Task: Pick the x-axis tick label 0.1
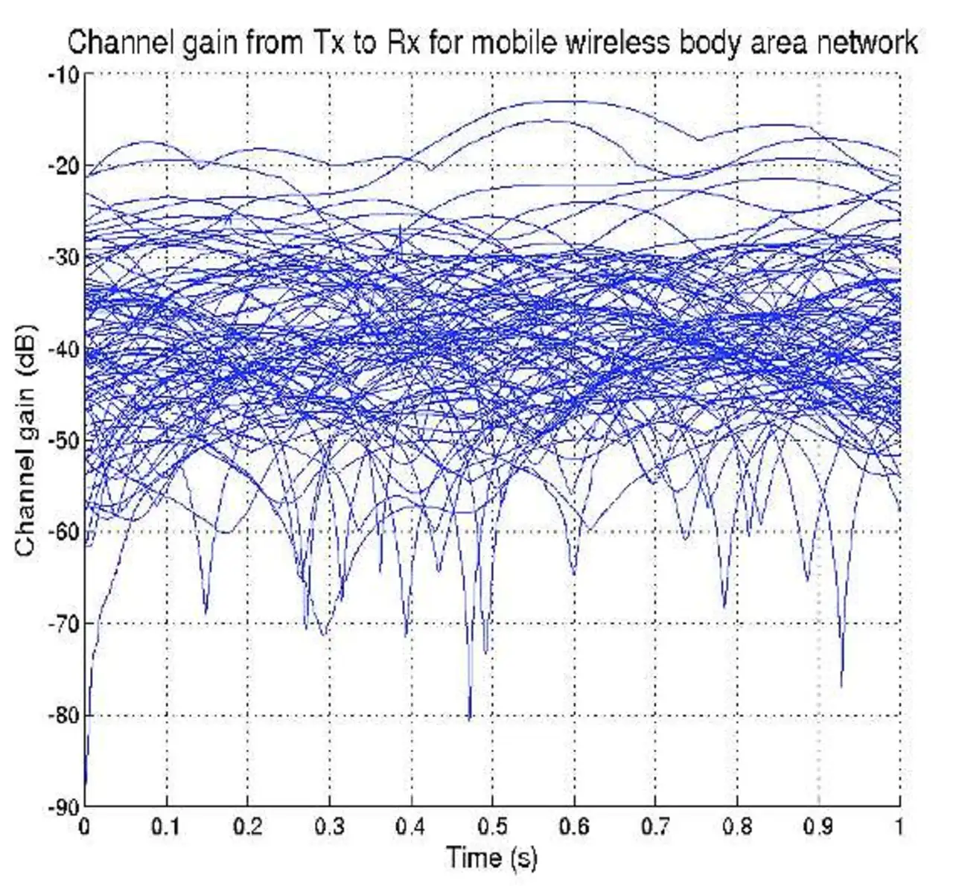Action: [166, 826]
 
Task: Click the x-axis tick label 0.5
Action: [491, 826]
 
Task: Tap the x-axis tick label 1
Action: [899, 826]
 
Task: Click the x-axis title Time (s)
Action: [491, 858]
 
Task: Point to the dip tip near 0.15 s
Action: [206, 613]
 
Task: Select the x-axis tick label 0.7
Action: [654, 826]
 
